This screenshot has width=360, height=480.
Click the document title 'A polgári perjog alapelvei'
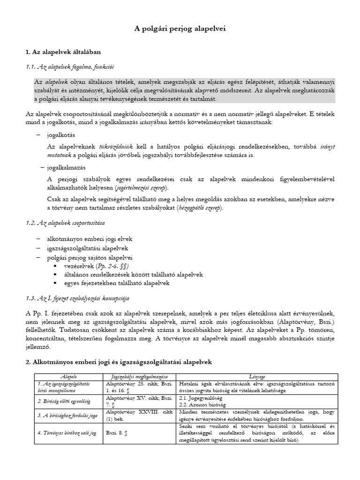[180, 29]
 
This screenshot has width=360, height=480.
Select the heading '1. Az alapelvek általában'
[63, 51]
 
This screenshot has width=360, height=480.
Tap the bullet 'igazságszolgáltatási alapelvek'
[87, 248]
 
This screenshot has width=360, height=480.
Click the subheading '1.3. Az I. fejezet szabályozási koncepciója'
[77, 298]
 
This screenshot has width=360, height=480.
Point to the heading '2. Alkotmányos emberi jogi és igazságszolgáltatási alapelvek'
[119, 362]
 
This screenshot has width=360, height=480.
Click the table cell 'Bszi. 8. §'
[117, 433]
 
